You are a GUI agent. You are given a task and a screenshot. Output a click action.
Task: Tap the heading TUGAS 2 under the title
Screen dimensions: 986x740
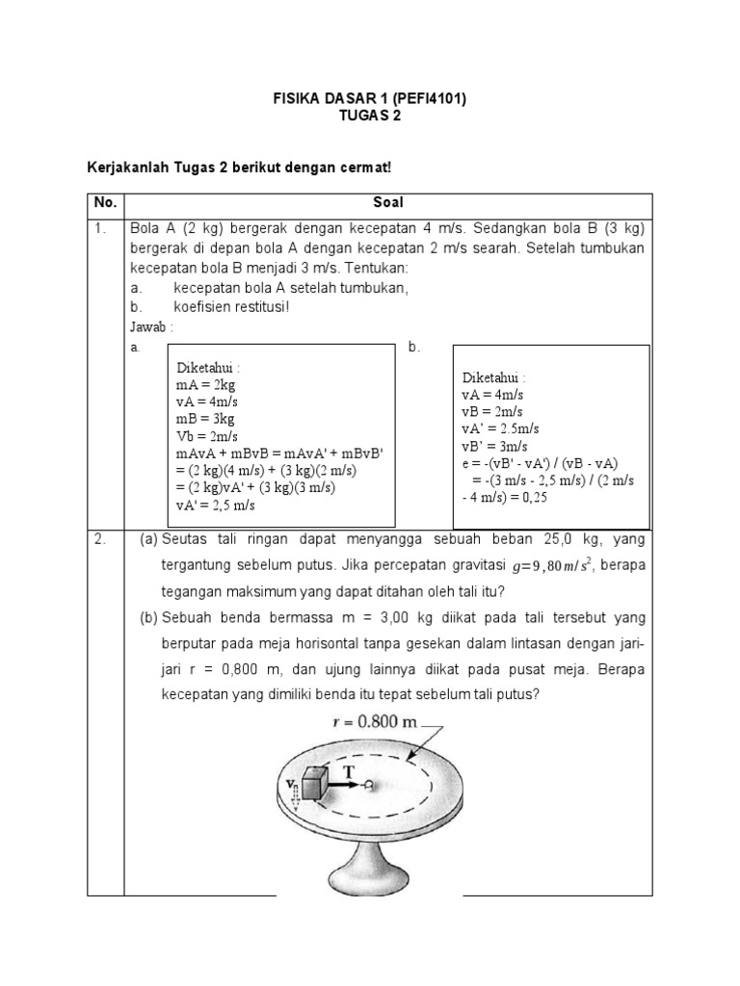point(370,117)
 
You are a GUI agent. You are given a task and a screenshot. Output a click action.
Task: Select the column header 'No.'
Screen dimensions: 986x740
point(105,204)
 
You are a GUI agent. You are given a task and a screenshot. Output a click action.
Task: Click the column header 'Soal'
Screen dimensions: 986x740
point(388,204)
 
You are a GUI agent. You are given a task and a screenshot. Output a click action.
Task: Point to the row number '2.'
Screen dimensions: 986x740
point(100,540)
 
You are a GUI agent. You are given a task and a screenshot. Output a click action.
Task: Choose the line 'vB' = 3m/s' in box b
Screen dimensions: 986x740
point(495,446)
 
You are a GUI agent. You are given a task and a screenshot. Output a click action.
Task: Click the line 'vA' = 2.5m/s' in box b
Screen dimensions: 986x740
point(500,428)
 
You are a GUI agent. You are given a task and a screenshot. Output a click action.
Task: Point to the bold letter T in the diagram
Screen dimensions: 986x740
point(348,770)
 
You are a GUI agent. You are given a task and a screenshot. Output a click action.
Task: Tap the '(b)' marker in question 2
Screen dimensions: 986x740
point(148,617)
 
